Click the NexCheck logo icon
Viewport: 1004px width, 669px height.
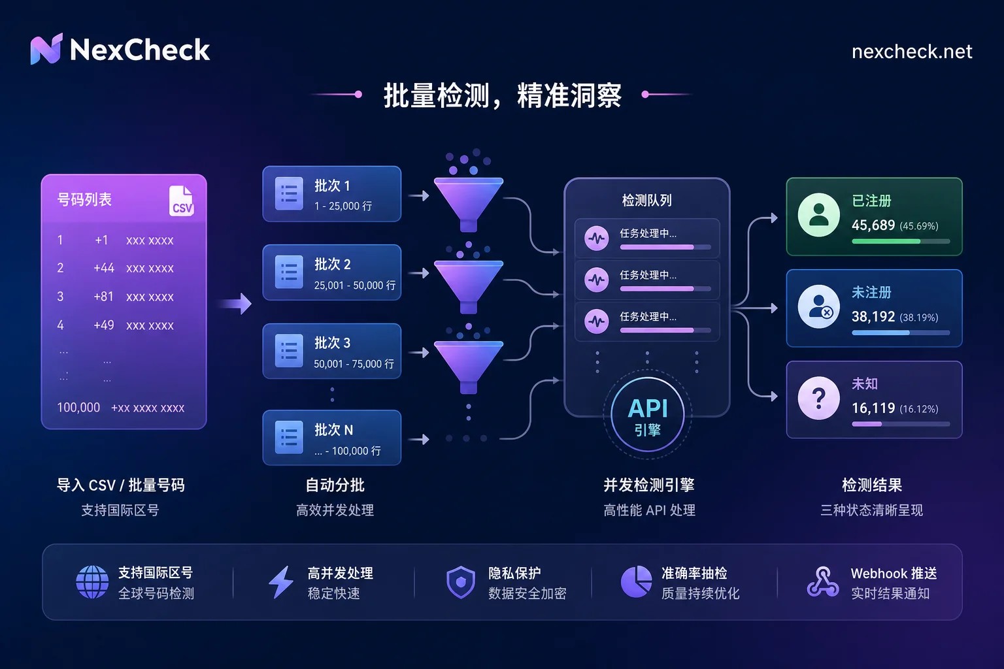pos(46,49)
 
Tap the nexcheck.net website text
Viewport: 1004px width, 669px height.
pos(912,52)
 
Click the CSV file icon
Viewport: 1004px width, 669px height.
pos(182,201)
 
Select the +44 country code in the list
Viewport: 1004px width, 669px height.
pos(104,268)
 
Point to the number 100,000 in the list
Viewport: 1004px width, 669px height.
pos(78,407)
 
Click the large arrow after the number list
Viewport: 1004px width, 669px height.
pos(236,304)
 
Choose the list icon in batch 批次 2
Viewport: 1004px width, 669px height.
pos(289,272)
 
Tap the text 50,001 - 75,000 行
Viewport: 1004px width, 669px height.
pos(354,364)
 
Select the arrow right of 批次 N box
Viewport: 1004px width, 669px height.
pos(419,440)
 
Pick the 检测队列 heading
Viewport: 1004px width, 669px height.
pos(646,201)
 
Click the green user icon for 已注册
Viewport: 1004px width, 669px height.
pos(819,215)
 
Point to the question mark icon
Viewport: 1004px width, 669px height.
pos(819,398)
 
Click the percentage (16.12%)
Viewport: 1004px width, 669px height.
pos(919,409)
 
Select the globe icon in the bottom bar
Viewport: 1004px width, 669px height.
pos(92,582)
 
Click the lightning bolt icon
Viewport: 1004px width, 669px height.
pos(281,582)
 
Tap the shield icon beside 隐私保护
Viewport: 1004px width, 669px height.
pos(461,582)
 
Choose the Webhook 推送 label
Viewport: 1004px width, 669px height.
pos(894,573)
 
